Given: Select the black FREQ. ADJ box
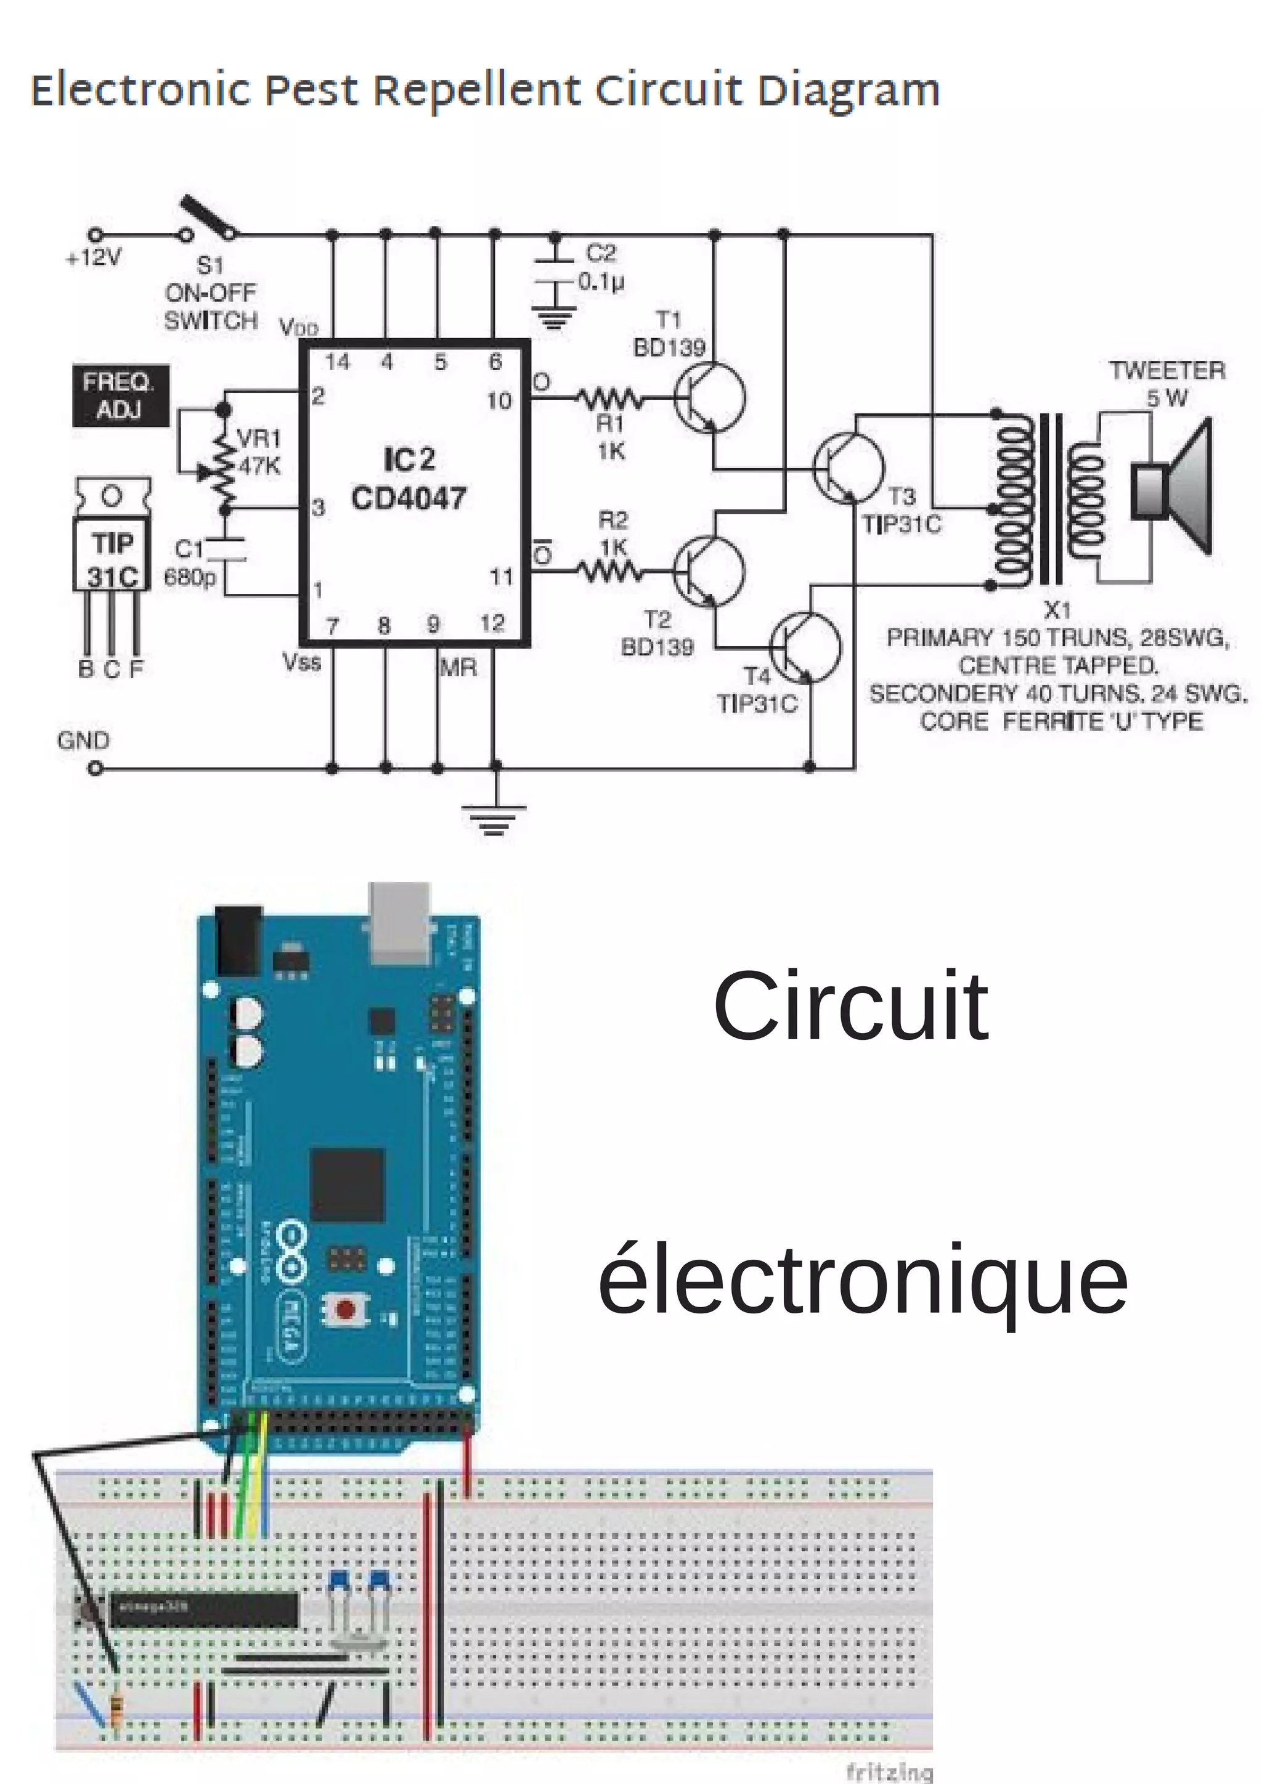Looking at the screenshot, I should pos(120,395).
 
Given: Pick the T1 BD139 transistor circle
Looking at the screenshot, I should pos(709,398).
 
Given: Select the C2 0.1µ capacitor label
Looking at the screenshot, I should pos(601,267).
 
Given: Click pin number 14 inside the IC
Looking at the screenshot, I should pos(337,362).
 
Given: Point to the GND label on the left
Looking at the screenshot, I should pos(83,740).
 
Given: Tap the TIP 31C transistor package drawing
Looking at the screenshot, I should pos(113,544).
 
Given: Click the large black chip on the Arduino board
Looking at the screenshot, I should pos(348,1186).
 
